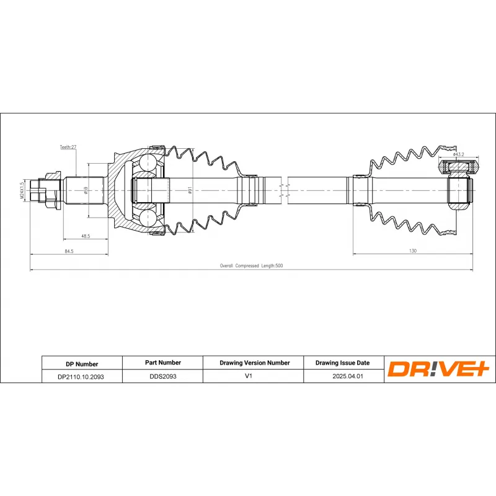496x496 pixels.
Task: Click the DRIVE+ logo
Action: [x=439, y=369]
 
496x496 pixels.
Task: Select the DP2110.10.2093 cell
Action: [x=81, y=376]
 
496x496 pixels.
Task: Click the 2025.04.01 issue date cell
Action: [x=342, y=376]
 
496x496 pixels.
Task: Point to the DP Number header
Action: [x=81, y=364]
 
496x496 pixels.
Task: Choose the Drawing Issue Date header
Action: [x=342, y=363]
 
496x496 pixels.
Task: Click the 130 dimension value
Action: [x=413, y=250]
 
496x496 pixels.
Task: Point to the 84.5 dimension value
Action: [x=69, y=251]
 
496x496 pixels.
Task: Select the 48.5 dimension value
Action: [x=86, y=236]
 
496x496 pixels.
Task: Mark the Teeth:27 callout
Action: [x=68, y=148]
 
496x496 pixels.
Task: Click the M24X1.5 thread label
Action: [x=22, y=190]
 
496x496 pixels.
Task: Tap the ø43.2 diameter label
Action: [x=459, y=154]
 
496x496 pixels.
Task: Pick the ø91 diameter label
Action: [x=190, y=191]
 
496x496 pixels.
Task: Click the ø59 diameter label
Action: [x=85, y=191]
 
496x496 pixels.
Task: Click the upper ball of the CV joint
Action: [x=149, y=162]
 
